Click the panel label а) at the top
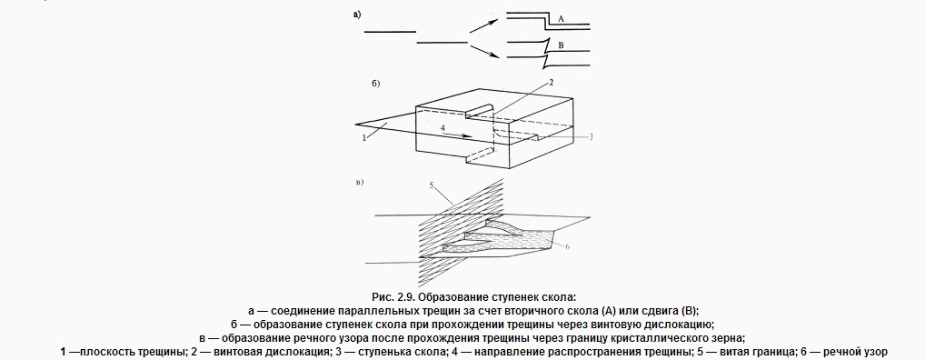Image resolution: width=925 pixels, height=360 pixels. coord(357,15)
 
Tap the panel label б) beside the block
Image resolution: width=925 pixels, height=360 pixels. coord(375,84)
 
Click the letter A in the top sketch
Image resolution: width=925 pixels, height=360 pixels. coord(561,19)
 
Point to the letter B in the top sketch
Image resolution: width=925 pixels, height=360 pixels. coord(561,45)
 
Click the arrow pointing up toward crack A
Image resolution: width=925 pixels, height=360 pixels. coord(484,25)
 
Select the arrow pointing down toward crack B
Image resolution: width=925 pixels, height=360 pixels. coord(484,52)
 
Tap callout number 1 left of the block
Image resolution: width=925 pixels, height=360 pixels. coord(364,137)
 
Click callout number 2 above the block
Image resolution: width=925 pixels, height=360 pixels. coord(551,83)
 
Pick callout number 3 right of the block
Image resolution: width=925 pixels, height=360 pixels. coord(590,136)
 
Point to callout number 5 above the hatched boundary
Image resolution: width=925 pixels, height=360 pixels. coord(432,185)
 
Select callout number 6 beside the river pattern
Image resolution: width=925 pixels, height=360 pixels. coord(567,246)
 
